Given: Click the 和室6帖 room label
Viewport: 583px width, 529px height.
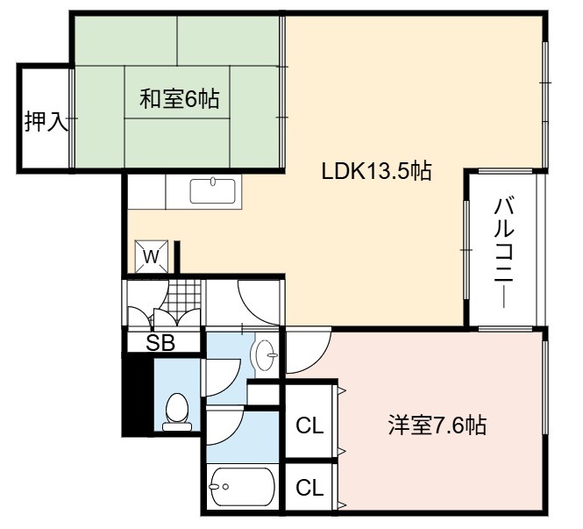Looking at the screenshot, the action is pyautogui.click(x=179, y=98).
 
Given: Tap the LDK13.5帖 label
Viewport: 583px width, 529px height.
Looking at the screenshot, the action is pyautogui.click(x=376, y=171).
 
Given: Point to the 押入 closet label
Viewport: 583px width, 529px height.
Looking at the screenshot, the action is pyautogui.click(x=46, y=121).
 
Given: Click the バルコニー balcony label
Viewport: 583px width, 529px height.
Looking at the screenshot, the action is pyautogui.click(x=504, y=254).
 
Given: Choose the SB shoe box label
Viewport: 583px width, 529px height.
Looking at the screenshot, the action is pyautogui.click(x=160, y=343).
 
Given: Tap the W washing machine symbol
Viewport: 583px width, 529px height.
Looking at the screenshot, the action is pyautogui.click(x=151, y=256).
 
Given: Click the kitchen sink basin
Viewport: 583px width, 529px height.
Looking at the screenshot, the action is pyautogui.click(x=213, y=191).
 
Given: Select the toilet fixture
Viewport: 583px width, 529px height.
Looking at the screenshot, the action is pyautogui.click(x=177, y=412).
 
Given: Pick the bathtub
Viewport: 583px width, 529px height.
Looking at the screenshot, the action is pyautogui.click(x=242, y=486).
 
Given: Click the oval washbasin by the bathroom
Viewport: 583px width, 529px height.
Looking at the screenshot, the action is pyautogui.click(x=265, y=355).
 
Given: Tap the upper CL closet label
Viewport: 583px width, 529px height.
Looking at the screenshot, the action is pyautogui.click(x=309, y=425).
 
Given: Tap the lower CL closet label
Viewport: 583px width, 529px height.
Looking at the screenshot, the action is pyautogui.click(x=309, y=488).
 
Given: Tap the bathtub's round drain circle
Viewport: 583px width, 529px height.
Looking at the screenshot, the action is pyautogui.click(x=225, y=486).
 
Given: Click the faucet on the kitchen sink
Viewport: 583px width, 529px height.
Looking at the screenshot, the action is pyautogui.click(x=213, y=182).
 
